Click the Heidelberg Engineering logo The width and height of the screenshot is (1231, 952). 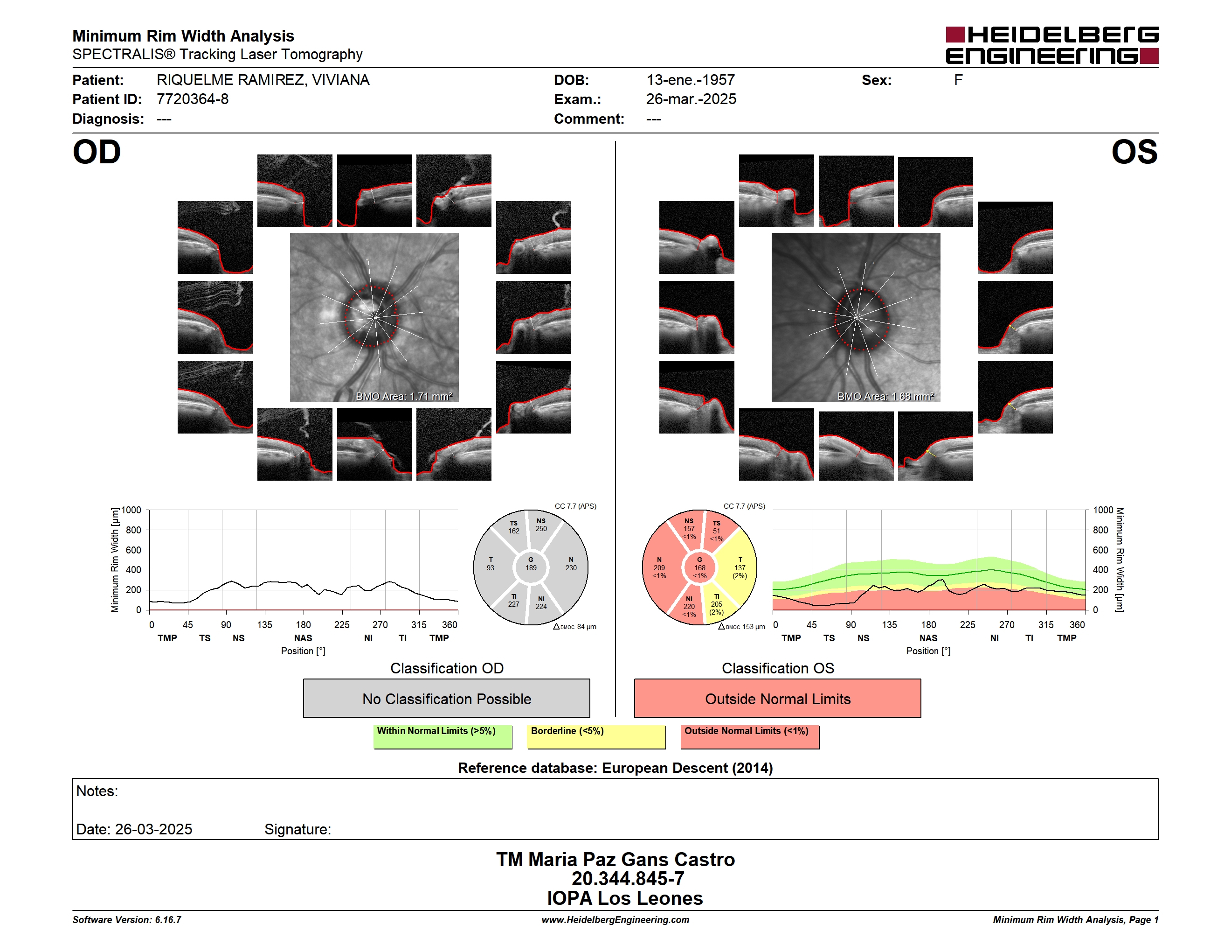point(1052,45)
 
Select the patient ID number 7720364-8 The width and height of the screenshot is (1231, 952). point(192,99)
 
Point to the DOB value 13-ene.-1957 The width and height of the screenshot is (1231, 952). point(691,80)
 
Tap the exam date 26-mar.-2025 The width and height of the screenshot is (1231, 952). point(691,99)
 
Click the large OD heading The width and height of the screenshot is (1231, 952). point(97,152)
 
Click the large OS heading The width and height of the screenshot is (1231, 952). point(1134,152)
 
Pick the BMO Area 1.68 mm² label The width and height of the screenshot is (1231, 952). point(885,397)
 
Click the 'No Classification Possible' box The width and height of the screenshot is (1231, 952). point(446,698)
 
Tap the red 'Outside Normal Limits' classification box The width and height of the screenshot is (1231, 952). point(777,698)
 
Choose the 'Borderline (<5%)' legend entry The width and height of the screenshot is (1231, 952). point(596,736)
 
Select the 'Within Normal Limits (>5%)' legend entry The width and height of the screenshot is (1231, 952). point(443,736)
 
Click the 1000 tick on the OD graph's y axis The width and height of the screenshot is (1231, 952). point(131,510)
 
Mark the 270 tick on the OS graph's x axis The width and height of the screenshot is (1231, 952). point(1007,624)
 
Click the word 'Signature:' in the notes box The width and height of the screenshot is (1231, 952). point(297,829)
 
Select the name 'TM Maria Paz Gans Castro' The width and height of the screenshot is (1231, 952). point(615,860)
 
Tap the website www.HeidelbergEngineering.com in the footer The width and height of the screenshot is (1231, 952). point(615,920)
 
